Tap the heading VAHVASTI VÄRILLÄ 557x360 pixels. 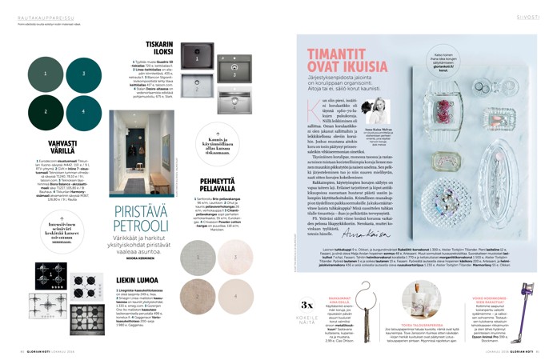point(49,147)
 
